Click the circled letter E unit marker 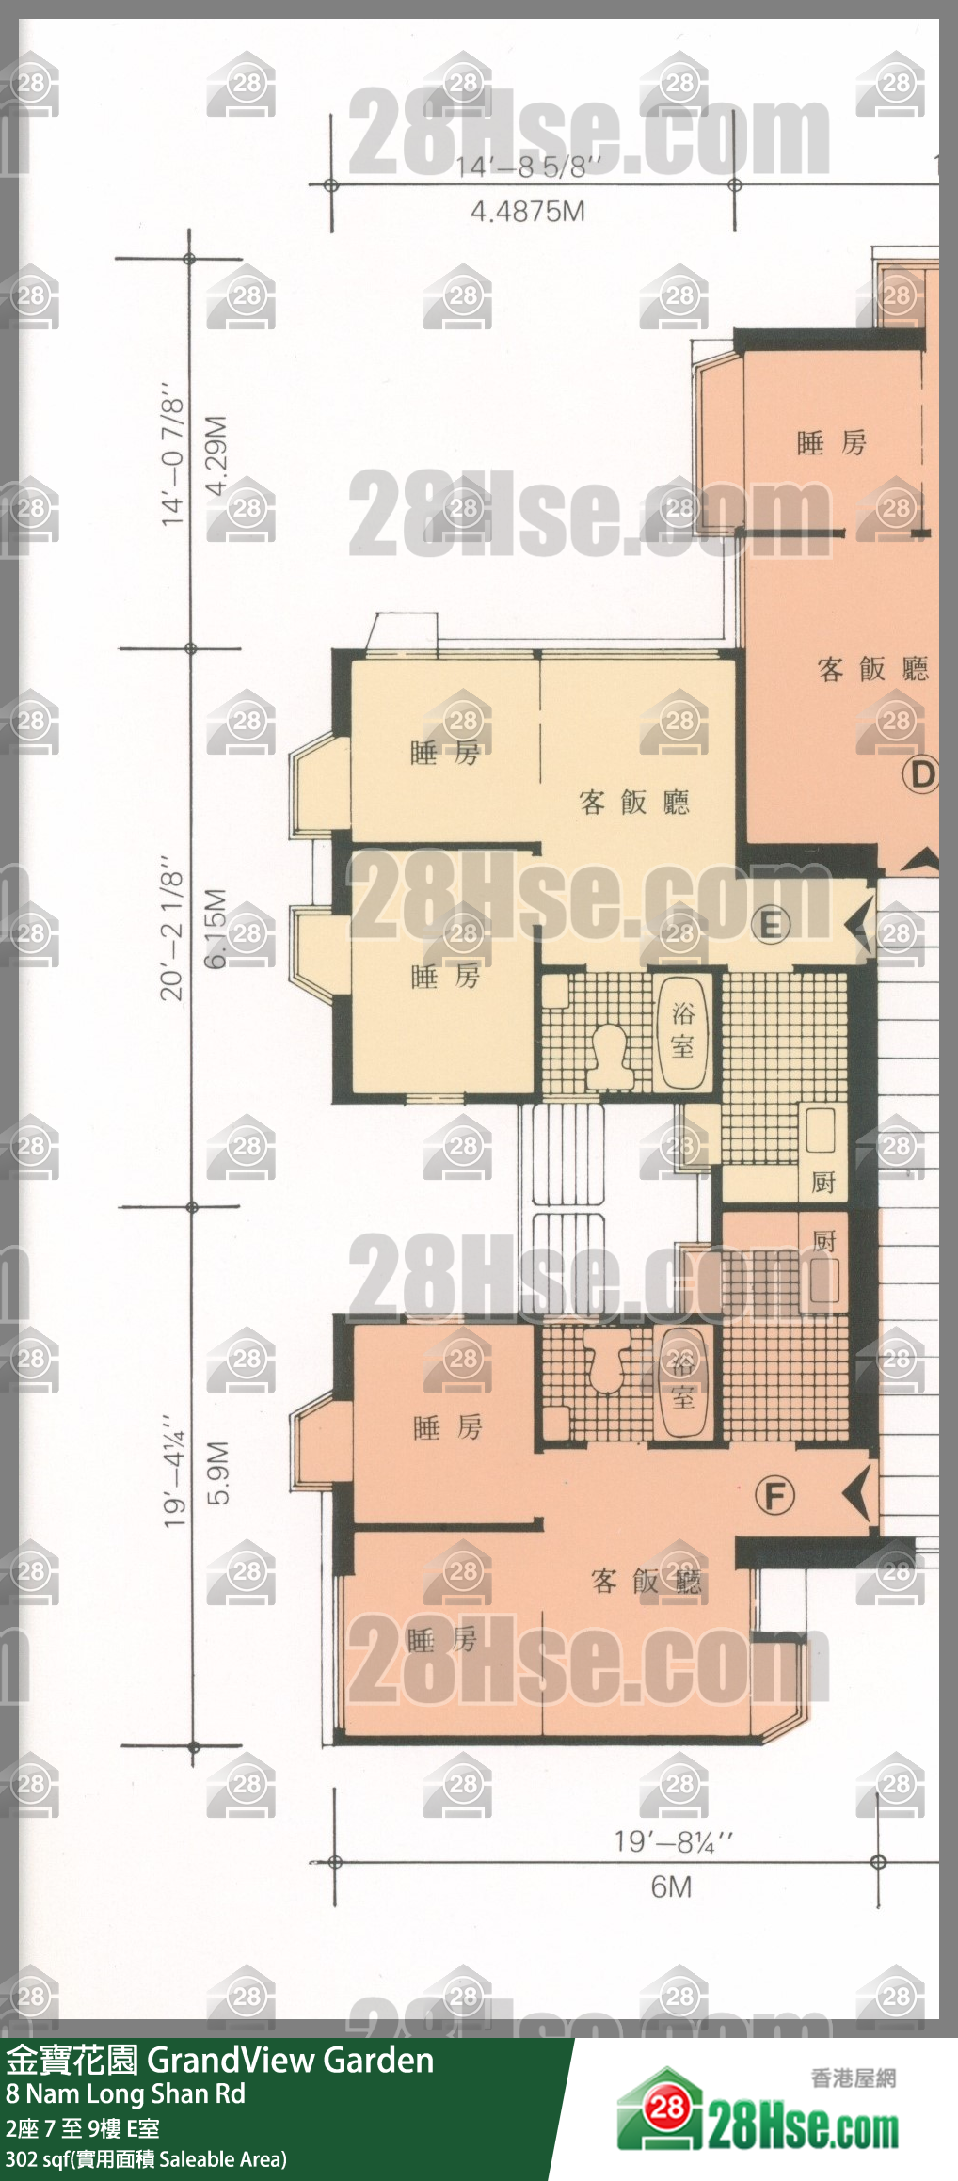(770, 925)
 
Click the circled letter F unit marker (774, 1495)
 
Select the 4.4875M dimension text (527, 212)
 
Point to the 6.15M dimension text (216, 928)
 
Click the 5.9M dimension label (218, 1473)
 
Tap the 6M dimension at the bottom (671, 1886)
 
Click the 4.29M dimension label (216, 454)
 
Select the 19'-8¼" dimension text (673, 1841)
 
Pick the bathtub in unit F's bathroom (682, 1382)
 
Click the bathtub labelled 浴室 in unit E (682, 1032)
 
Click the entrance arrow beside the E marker (859, 927)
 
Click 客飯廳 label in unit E (634, 803)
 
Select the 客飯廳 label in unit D (872, 669)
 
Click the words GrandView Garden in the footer (291, 2061)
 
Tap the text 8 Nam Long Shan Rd (125, 2094)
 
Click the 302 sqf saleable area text (146, 2159)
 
